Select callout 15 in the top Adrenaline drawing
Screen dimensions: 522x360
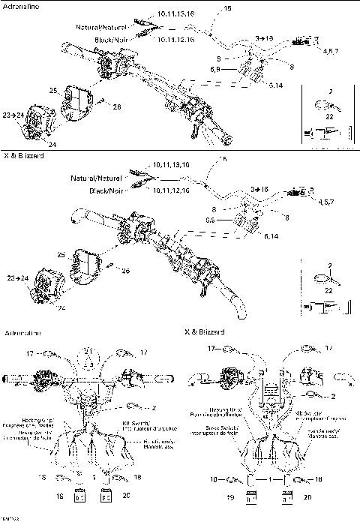(x=228, y=7)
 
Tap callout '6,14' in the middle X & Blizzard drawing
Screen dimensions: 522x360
(x=273, y=236)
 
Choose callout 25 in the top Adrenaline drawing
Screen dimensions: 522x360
(x=53, y=90)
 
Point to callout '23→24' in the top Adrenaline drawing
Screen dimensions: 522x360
(x=12, y=115)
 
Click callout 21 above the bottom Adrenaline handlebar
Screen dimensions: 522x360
(x=88, y=351)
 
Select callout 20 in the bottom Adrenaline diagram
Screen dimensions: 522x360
(x=124, y=496)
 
